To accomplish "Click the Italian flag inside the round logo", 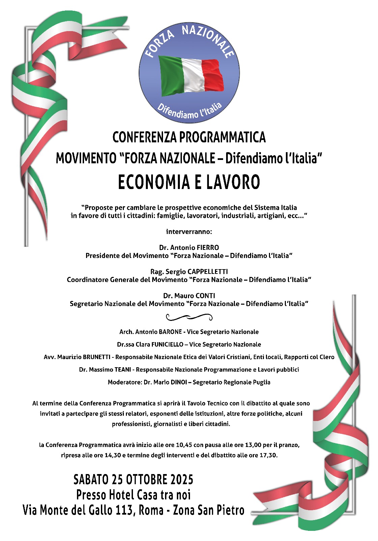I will [x=191, y=76].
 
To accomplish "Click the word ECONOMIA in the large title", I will [x=154, y=182].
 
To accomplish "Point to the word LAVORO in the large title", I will [x=233, y=182].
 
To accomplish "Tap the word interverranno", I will [x=189, y=232].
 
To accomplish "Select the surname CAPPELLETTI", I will [x=208, y=272].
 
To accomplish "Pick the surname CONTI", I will [x=205, y=296].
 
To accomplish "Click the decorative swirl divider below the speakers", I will [x=189, y=317].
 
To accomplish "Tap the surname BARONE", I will [x=170, y=332].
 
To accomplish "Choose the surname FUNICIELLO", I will [x=167, y=344].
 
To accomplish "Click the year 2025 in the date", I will [x=182, y=479].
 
